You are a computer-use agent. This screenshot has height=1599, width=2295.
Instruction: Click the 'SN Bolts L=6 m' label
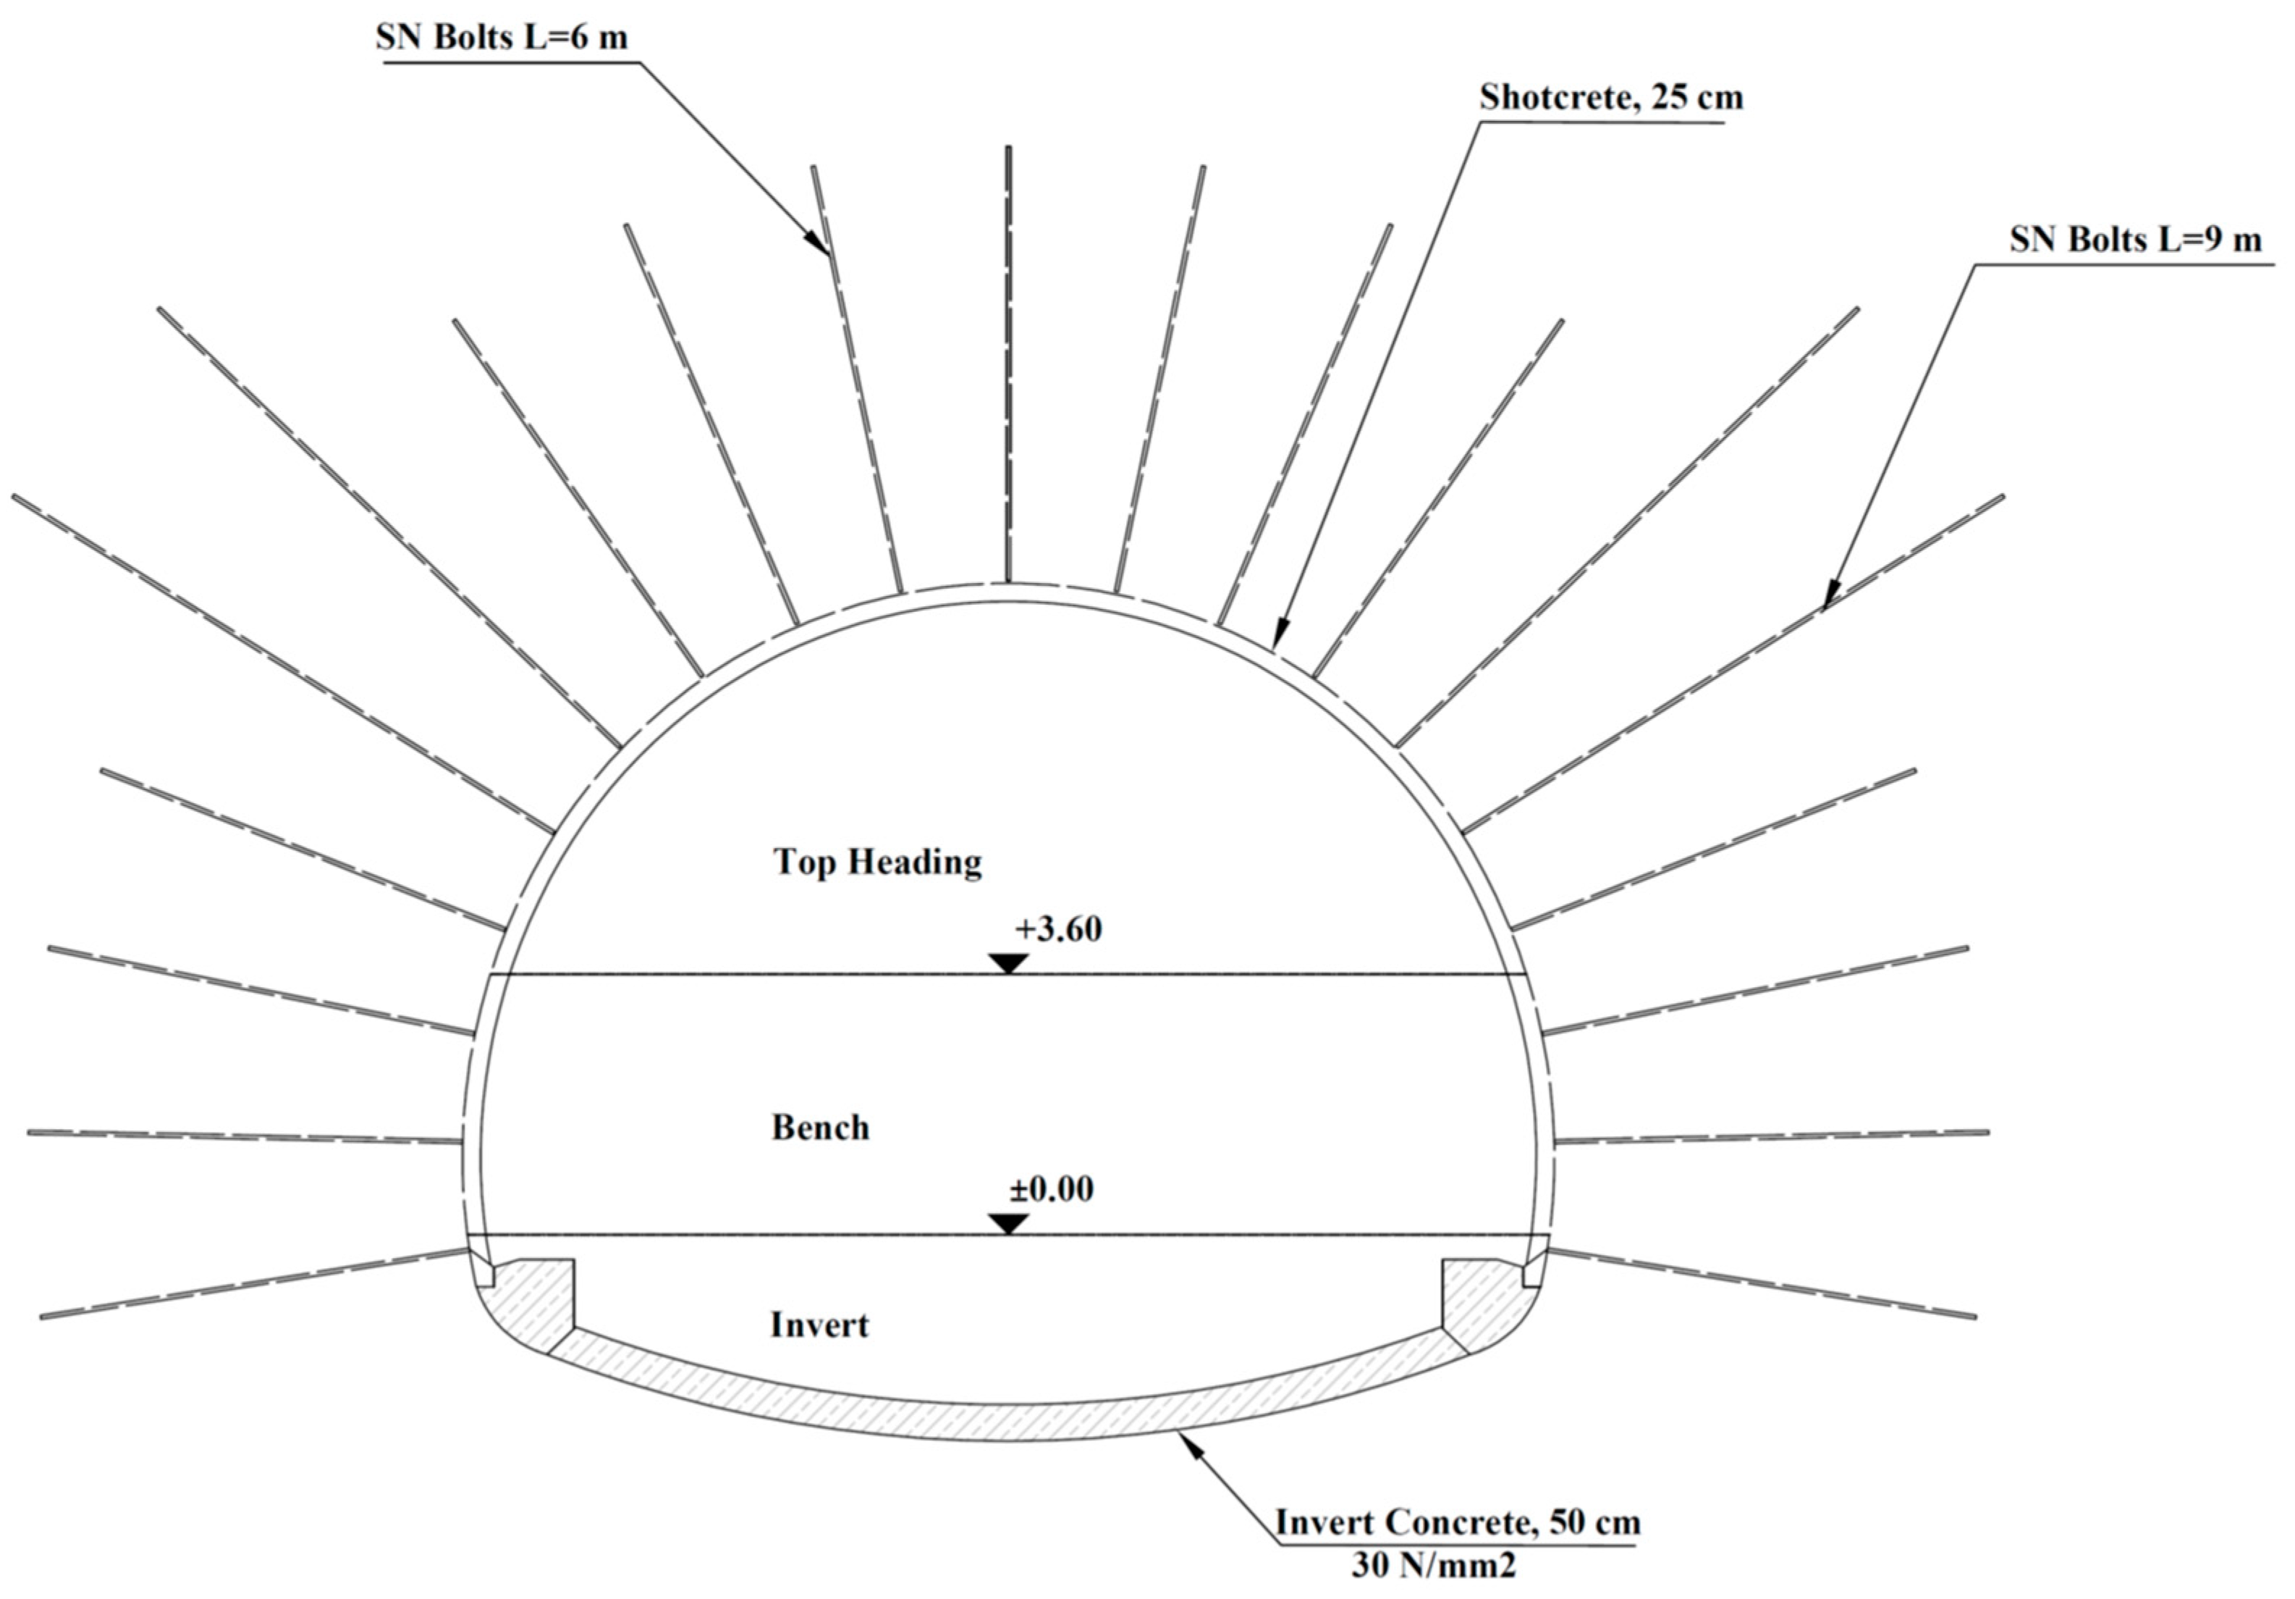(x=502, y=38)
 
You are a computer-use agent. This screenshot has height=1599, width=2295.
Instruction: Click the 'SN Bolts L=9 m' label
(x=2135, y=240)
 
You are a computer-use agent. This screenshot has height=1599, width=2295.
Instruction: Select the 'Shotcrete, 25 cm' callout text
(x=1611, y=98)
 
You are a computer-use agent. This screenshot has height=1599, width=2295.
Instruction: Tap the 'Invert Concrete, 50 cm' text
(x=1458, y=1523)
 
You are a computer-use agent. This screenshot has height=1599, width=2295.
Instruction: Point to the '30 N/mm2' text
(x=1433, y=1565)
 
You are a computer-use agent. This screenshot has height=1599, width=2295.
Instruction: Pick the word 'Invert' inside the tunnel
(x=819, y=1326)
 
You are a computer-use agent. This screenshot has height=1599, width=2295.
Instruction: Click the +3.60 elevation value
(x=1057, y=930)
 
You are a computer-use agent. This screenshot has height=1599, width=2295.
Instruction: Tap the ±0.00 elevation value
(x=1051, y=1190)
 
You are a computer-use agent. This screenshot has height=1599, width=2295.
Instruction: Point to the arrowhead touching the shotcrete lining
(x=1280, y=636)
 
